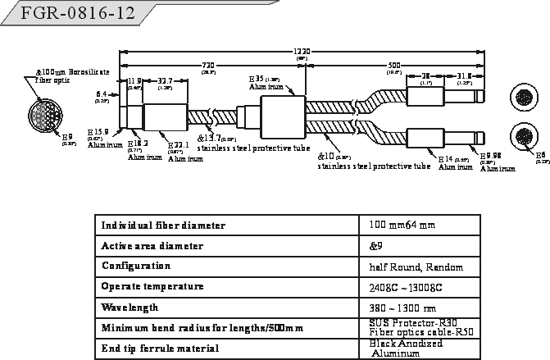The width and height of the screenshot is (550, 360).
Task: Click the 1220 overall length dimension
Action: tap(302, 51)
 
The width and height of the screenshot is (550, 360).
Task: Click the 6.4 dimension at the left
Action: tap(102, 93)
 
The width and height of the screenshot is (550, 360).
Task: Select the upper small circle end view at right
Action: tap(524, 95)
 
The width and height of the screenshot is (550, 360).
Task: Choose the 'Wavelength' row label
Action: tap(129, 308)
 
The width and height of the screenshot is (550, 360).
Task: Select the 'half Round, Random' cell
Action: tap(416, 267)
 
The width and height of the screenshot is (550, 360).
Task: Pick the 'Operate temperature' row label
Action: tap(152, 287)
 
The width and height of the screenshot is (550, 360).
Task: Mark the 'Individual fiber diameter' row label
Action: tap(163, 225)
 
